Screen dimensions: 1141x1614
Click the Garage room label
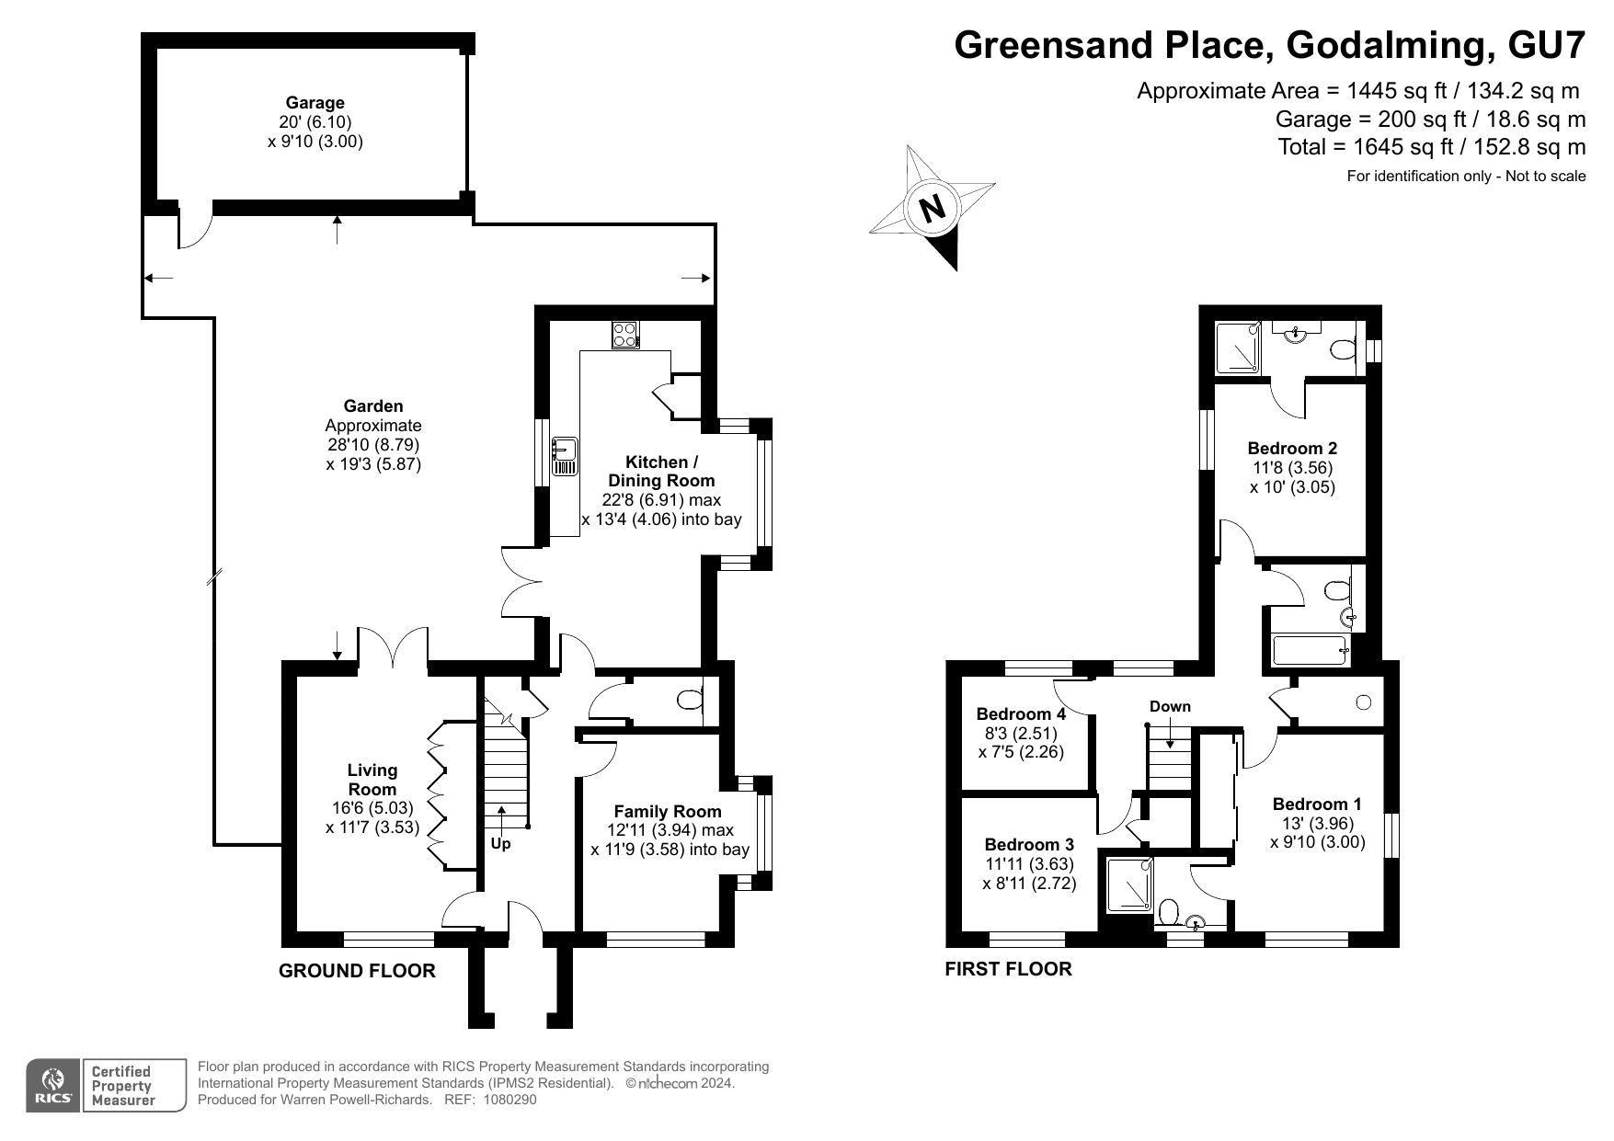coord(315,103)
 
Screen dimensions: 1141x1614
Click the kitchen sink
coord(564,457)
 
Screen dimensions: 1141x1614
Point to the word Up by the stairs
coord(500,843)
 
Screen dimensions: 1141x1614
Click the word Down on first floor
coord(1170,706)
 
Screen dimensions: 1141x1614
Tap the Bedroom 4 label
coord(1021,713)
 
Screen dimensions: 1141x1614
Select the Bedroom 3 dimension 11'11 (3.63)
coord(1029,864)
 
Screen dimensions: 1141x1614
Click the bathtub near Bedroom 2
coord(1310,650)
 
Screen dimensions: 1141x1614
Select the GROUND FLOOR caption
coord(357,971)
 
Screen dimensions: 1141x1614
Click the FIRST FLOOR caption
coord(1008,969)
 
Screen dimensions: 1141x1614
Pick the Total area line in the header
coord(1431,147)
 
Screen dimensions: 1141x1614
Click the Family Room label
coord(667,812)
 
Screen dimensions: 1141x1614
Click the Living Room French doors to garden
coord(393,647)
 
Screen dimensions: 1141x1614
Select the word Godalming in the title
coord(1390,44)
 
